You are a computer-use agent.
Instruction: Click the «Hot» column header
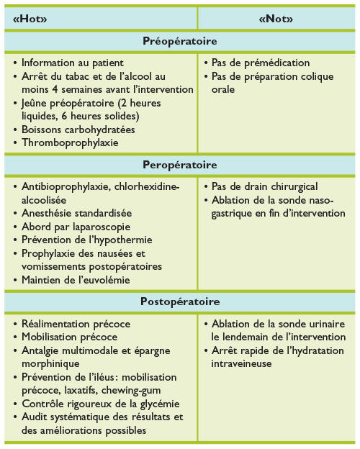coord(29,20)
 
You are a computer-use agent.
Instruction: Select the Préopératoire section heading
coord(180,42)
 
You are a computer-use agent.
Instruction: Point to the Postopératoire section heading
coord(180,301)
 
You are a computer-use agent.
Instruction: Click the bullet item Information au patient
coord(72,63)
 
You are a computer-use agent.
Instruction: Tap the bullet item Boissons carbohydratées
coord(78,130)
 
